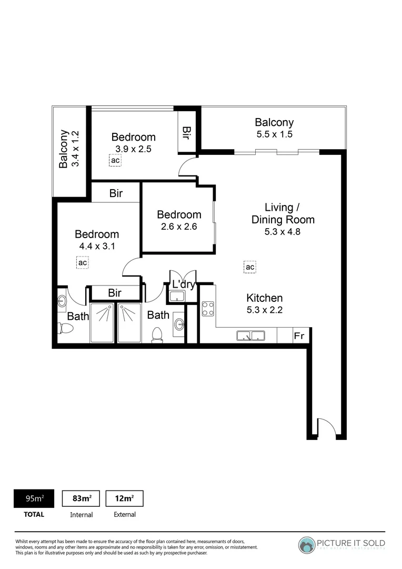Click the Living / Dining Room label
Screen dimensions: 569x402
283,213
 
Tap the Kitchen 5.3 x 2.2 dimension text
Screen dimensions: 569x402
265,310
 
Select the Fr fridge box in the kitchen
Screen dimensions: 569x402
299,336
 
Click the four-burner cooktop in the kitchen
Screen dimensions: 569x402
208,308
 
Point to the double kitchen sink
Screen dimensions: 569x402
250,335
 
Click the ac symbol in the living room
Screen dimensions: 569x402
250,267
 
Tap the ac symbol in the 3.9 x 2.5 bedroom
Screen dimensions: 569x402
115,160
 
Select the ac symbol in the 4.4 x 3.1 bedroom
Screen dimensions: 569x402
83,262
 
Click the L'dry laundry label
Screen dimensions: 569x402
184,285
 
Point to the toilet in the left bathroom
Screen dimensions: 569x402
66,329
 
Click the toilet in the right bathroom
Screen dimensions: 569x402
157,335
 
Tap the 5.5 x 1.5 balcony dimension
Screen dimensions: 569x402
274,134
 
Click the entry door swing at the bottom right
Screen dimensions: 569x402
326,427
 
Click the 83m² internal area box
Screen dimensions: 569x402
81,498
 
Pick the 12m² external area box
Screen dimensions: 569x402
125,498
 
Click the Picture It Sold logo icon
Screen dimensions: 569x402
307,544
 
